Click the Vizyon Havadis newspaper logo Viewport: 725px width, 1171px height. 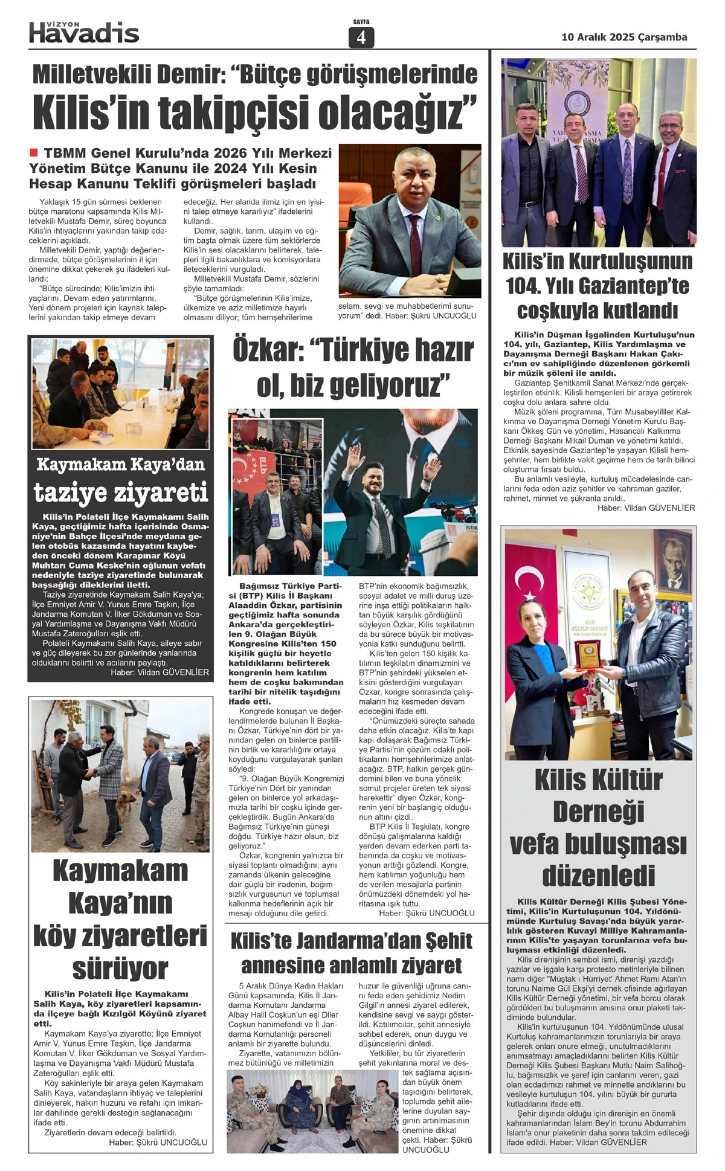point(84,33)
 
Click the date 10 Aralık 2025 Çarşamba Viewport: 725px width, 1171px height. point(624,37)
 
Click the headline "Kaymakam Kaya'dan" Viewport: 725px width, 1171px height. point(120,465)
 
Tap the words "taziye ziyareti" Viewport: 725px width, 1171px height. point(120,492)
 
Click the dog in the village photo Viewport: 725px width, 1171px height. point(127,803)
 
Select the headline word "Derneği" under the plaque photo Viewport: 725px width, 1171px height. point(598,811)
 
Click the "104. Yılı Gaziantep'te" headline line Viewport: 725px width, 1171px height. point(598,286)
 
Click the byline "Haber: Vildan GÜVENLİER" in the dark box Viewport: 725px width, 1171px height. point(159,672)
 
